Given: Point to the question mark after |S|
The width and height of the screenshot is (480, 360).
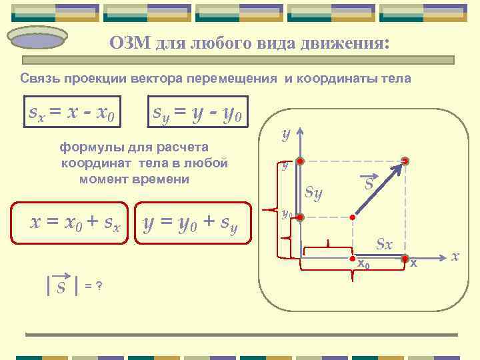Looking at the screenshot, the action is tap(99, 286).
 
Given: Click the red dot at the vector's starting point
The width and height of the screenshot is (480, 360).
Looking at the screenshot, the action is tap(353, 217).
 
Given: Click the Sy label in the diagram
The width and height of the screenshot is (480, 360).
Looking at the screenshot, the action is tap(313, 193).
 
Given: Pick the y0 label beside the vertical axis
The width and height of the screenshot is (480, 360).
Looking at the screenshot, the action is tap(285, 215).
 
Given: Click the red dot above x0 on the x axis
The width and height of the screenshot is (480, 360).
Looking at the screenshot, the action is tap(353, 257).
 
